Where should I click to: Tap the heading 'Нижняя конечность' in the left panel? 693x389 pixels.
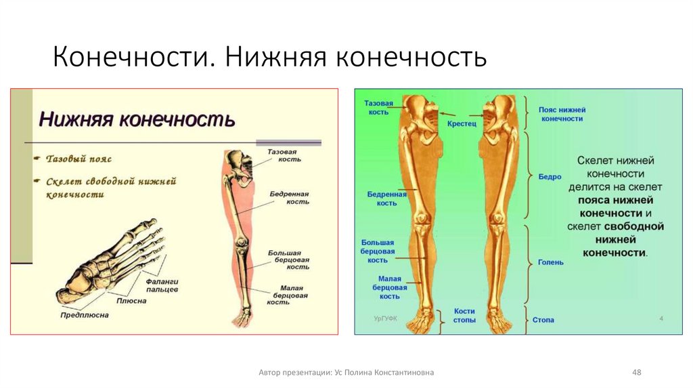click(x=137, y=120)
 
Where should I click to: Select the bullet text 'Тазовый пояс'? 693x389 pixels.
click(x=79, y=159)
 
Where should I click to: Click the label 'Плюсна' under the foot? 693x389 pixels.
click(x=131, y=300)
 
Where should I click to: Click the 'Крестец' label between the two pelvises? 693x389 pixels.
click(x=462, y=124)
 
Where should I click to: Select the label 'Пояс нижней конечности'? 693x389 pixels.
click(x=562, y=114)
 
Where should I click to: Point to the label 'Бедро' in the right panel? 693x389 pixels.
click(x=550, y=176)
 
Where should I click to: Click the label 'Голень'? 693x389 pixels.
click(x=551, y=262)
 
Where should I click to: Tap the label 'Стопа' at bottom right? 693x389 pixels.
click(x=543, y=319)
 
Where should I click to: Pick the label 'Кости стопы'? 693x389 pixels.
click(x=464, y=315)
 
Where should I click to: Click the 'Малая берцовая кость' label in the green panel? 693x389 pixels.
click(x=389, y=287)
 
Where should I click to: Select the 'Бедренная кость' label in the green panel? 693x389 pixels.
click(x=386, y=199)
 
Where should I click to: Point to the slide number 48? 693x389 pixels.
click(x=636, y=372)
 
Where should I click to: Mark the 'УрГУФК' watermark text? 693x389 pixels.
click(x=385, y=317)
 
